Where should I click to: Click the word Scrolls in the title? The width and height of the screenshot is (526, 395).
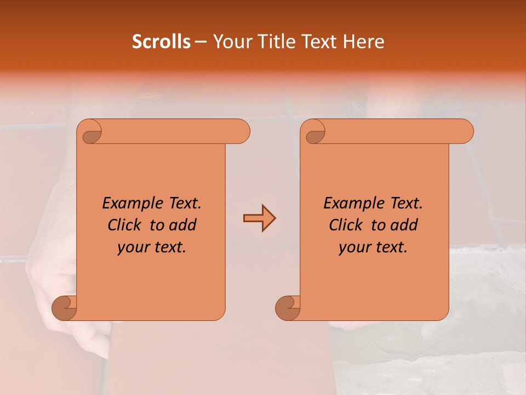point(161,42)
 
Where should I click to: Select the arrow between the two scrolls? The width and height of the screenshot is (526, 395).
point(259,218)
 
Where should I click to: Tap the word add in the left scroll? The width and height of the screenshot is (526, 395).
point(183,225)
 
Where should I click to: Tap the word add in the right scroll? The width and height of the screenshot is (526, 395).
point(404,225)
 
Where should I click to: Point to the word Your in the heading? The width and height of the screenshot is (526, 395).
point(231,42)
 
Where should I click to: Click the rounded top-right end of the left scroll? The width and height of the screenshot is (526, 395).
point(241,132)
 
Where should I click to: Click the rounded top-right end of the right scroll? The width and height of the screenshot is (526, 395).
point(465,132)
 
